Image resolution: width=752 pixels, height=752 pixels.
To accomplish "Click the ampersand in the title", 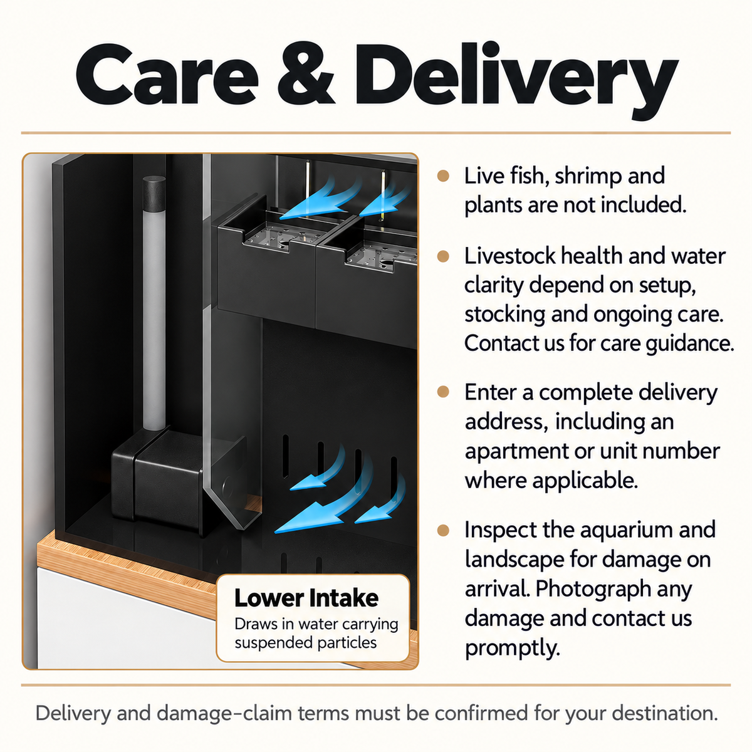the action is [x=306, y=75].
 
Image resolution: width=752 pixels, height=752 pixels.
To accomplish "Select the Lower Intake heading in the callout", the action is [x=306, y=598].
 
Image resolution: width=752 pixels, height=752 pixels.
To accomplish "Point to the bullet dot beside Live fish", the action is [x=443, y=176].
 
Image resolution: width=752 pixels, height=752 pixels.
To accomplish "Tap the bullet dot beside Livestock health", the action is [x=443, y=256].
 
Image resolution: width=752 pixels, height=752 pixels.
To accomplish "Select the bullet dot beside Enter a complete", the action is [x=443, y=392].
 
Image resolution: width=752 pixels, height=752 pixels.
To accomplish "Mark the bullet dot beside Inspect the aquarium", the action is [x=443, y=530].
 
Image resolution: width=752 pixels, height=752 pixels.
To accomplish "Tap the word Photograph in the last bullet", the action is [x=593, y=589].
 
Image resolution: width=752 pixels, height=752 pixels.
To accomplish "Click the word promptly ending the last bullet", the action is [x=513, y=649].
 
